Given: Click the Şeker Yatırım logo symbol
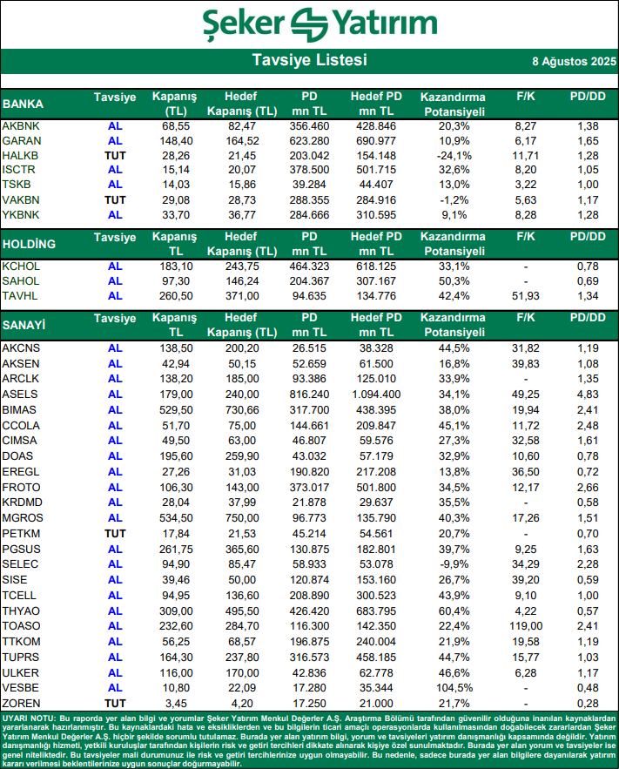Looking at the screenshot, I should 309,24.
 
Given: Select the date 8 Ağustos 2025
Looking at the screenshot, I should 573,62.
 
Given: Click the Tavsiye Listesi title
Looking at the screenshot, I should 309,60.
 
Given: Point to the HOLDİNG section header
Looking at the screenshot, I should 30,243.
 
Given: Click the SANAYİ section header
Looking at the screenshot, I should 24,326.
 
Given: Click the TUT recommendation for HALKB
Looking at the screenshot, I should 115,155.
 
